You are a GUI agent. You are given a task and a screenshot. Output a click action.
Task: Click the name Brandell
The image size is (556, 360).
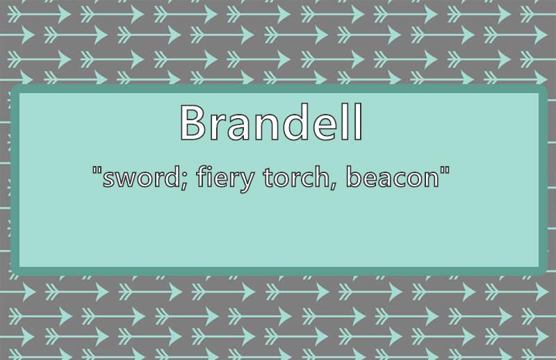(272, 122)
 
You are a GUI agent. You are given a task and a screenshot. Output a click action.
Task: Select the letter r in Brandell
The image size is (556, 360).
(220, 126)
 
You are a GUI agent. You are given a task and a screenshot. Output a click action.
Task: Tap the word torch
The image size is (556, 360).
(297, 177)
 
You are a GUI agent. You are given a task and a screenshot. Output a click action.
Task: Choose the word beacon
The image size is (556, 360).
(393, 177)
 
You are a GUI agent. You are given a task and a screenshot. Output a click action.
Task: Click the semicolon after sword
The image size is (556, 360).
(184, 181)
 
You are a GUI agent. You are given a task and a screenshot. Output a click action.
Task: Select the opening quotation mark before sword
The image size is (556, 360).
(96, 170)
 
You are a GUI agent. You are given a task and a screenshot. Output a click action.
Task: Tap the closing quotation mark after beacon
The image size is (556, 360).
(445, 170)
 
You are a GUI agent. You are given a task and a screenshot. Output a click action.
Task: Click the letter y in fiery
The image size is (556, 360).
(246, 182)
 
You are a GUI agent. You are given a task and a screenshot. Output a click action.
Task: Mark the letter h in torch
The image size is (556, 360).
(322, 177)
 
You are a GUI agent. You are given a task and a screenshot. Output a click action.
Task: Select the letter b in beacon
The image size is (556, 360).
(354, 177)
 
